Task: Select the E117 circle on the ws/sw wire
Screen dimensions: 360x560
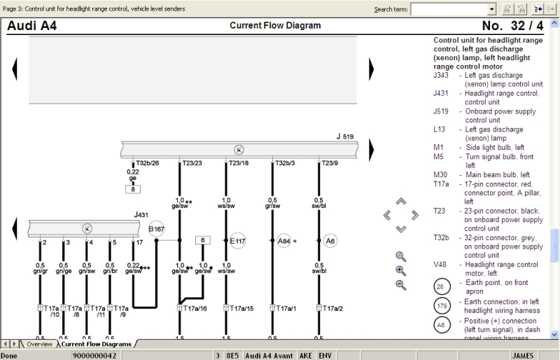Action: (x=237, y=240)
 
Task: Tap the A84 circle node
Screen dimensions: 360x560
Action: (x=283, y=240)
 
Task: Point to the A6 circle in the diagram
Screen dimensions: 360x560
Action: (x=330, y=240)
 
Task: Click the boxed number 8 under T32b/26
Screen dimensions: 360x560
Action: (x=133, y=189)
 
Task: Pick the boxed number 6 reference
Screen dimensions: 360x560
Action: (x=203, y=240)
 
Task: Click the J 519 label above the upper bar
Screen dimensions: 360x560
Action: (x=344, y=137)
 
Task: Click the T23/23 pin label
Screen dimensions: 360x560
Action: (x=189, y=162)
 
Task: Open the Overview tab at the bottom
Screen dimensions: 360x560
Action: (x=39, y=344)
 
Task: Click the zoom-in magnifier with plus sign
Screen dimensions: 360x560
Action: (x=400, y=270)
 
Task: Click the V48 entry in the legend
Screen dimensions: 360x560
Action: (x=441, y=265)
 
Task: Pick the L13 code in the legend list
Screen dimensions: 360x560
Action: (x=440, y=130)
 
